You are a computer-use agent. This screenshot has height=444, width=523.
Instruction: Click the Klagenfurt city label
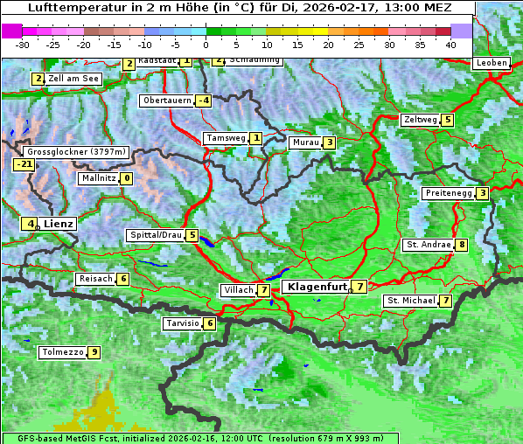[x=314, y=286]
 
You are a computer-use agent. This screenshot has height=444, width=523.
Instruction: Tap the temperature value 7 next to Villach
[x=263, y=290]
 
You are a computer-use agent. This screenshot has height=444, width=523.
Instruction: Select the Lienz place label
[x=60, y=224]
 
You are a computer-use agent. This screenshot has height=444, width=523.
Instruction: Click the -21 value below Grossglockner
[x=24, y=164]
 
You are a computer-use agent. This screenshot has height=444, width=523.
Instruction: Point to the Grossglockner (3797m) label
[x=78, y=152]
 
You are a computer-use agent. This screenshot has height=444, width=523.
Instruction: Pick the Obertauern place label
[x=166, y=101]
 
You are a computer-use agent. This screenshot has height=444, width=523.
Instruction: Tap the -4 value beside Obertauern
[x=203, y=101]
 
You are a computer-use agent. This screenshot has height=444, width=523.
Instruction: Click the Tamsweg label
[x=224, y=138]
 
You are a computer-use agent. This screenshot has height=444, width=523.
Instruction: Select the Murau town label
[x=304, y=142]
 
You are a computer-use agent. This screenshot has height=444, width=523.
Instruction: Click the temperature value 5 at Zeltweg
[x=448, y=120]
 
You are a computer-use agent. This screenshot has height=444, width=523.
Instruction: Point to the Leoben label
[x=491, y=63]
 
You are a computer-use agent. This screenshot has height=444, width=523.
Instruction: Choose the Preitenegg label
[x=448, y=193]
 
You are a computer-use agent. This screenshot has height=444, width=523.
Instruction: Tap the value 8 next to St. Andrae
[x=461, y=245]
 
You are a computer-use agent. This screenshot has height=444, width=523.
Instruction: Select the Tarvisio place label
[x=182, y=323]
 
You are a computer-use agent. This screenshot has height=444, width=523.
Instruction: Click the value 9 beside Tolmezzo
[x=94, y=353]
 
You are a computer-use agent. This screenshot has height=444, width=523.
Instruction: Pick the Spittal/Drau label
[x=155, y=235]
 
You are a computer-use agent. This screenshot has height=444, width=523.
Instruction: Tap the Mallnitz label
[x=97, y=178]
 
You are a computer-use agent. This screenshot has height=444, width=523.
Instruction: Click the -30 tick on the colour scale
[x=24, y=44]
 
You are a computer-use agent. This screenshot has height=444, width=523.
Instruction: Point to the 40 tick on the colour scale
[x=450, y=44]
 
